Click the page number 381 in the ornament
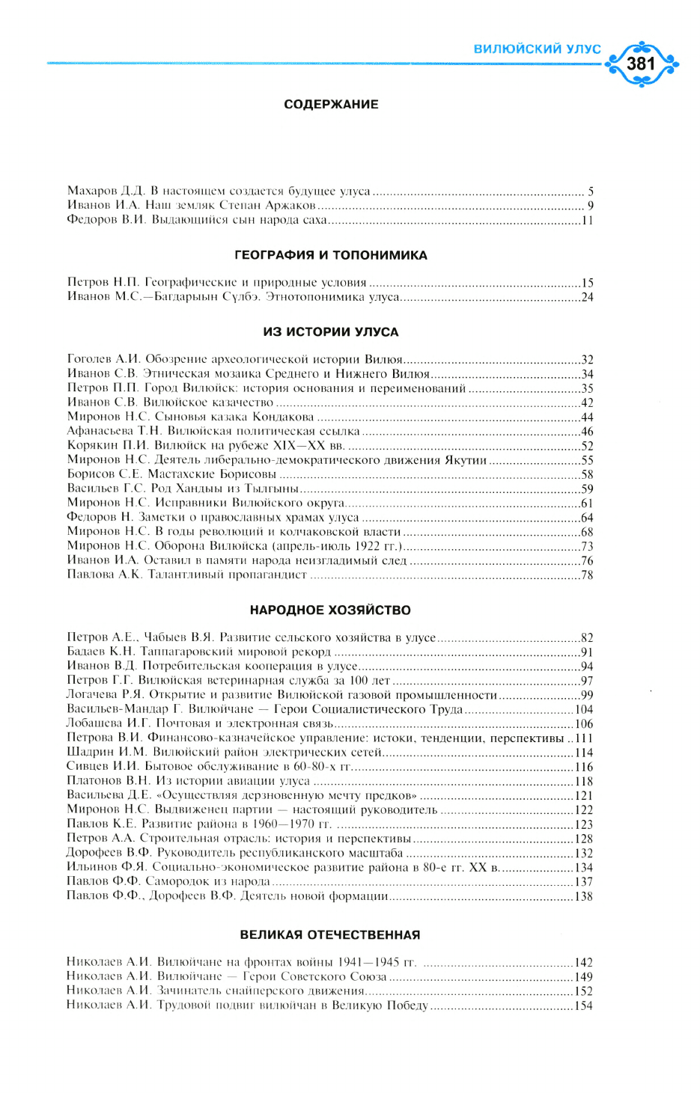[641, 64]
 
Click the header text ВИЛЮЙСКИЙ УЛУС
[537, 49]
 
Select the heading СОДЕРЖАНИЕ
[331, 105]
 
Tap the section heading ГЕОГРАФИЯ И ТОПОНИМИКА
[331, 255]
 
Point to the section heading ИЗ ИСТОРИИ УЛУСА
[331, 332]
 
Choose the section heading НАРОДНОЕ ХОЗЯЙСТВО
[330, 610]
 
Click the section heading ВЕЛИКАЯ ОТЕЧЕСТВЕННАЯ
[330, 935]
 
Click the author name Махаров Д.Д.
[106, 192]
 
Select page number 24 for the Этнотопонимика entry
[587, 298]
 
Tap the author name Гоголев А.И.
[103, 360]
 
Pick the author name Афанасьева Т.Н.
[115, 432]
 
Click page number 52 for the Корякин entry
[587, 446]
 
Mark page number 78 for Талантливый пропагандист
[587, 575]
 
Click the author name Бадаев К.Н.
[100, 652]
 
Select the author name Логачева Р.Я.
[104, 695]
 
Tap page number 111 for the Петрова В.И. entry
[584, 738]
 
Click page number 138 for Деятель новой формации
[584, 896]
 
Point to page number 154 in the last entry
[584, 1006]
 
